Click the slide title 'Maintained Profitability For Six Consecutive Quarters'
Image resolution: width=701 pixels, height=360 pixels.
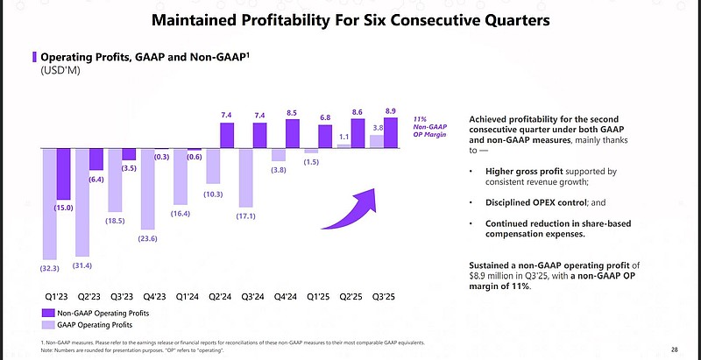tap(350, 18)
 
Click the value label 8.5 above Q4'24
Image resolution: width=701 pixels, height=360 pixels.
tap(291, 112)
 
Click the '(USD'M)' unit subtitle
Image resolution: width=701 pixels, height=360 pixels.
tap(53, 69)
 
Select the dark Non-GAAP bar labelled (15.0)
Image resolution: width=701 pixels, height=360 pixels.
tap(64, 174)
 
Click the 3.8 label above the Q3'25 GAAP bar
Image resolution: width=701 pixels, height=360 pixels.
tap(378, 127)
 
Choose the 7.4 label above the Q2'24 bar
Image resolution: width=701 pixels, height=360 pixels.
tap(226, 115)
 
